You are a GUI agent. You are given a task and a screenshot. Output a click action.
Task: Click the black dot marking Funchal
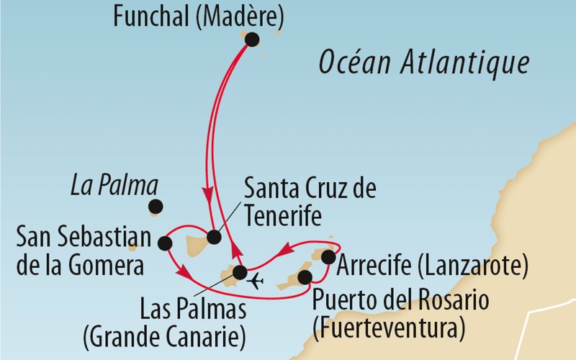(x=252, y=40)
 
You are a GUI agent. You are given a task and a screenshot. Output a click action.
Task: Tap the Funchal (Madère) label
(x=199, y=16)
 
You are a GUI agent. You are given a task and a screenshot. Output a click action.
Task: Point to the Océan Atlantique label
(x=424, y=63)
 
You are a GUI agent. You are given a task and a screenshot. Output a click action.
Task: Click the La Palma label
(x=114, y=186)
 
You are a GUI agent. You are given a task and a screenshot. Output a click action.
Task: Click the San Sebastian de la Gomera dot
(x=165, y=243)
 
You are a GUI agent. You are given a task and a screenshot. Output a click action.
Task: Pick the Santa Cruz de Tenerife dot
(x=214, y=236)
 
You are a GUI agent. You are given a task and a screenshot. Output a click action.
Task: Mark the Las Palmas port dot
(x=240, y=272)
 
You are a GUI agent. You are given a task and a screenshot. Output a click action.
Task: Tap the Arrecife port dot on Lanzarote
(x=328, y=257)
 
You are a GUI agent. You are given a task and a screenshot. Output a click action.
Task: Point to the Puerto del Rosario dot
(x=305, y=276)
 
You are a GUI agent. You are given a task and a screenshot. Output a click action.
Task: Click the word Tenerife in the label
(x=282, y=216)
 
